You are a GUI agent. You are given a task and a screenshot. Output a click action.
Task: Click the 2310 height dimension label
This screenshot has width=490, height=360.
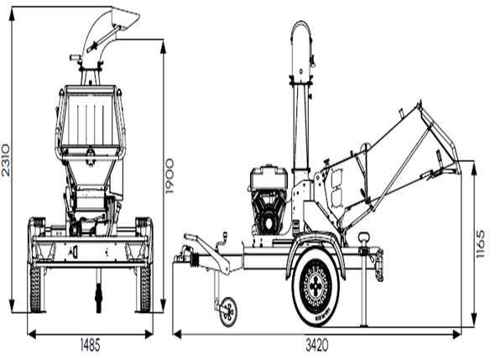pyautogui.click(x=6, y=160)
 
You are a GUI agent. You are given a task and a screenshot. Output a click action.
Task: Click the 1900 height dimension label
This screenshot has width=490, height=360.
pyautogui.click(x=169, y=176)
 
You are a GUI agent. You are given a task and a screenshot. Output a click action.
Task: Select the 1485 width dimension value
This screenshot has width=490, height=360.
pyautogui.click(x=90, y=345)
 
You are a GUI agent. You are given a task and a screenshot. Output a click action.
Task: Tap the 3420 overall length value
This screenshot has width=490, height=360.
pyautogui.click(x=317, y=345)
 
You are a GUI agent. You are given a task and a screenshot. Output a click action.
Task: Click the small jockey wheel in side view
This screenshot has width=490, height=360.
pyautogui.click(x=228, y=312)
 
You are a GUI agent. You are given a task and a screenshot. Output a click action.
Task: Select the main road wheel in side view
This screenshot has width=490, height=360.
pyautogui.click(x=316, y=286)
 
